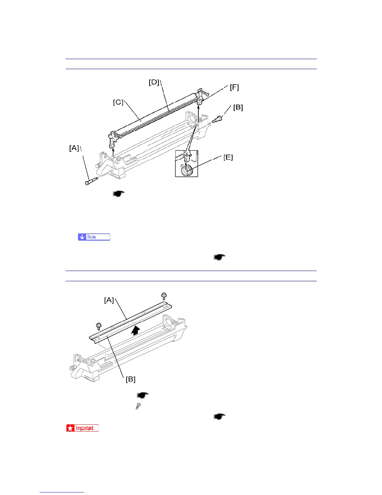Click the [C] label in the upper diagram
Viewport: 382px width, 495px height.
(118, 102)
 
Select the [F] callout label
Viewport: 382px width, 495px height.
(234, 87)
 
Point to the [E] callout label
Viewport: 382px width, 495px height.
(228, 157)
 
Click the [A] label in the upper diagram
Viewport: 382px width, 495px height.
(74, 148)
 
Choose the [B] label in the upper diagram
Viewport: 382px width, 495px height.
(238, 107)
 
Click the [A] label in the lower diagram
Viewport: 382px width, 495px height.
(109, 300)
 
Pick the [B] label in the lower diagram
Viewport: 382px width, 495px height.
(130, 379)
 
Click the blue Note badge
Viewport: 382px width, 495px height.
(94, 237)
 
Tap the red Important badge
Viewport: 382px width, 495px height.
(82, 428)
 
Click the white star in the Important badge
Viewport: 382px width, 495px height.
(70, 428)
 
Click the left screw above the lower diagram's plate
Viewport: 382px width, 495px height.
(99, 326)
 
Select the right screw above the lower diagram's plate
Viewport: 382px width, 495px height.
(164, 296)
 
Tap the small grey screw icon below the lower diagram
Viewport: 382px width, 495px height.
(139, 406)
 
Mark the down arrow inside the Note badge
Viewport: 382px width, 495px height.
(82, 237)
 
